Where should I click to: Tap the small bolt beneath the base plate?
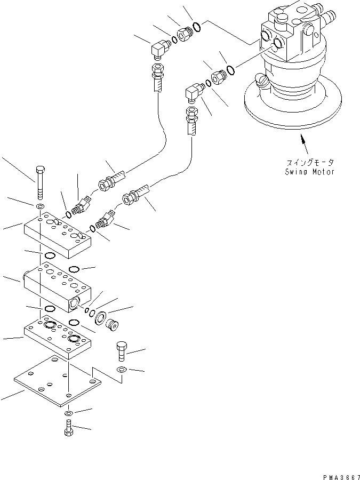pyautogui.click(x=68, y=428)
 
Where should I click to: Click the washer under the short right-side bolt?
pyautogui.click(x=121, y=370)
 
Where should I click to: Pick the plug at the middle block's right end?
pyautogui.click(x=113, y=323)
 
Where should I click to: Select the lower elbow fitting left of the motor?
pyautogui.click(x=193, y=94)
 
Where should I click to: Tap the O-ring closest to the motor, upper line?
pyautogui.click(x=196, y=26)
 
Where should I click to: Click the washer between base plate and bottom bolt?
pyautogui.click(x=68, y=414)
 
